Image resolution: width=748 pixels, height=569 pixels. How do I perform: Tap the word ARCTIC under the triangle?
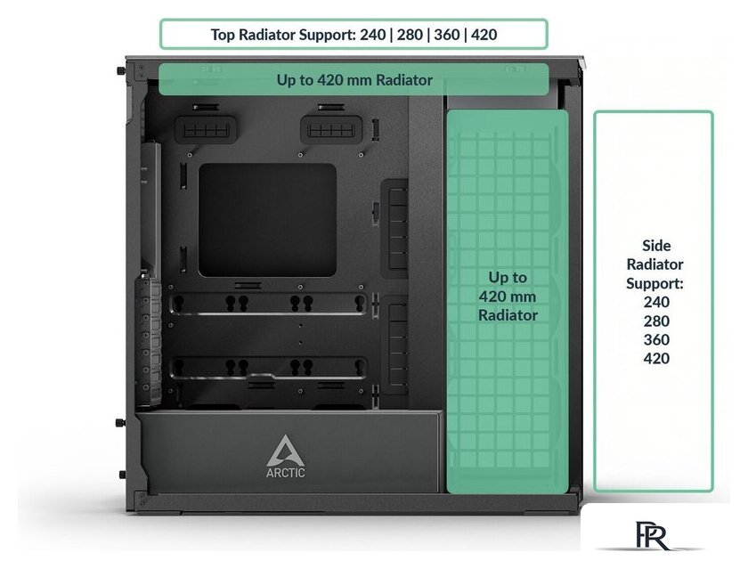tap(286, 473)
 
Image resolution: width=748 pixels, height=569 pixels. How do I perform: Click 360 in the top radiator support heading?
tap(446, 35)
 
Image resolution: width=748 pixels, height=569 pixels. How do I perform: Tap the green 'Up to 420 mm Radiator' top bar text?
tap(354, 80)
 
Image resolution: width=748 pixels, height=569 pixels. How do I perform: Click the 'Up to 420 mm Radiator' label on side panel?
tap(508, 297)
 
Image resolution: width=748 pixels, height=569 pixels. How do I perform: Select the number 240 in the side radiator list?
tap(656, 302)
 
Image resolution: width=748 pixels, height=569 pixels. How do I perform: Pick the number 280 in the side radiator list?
tap(656, 321)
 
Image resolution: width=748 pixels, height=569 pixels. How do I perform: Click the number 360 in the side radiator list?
tap(656, 339)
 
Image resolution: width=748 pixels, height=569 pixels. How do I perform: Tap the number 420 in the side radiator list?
tap(656, 358)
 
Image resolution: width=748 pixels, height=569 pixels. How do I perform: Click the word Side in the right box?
tap(656, 245)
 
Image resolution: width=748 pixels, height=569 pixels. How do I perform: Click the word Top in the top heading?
tap(223, 35)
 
